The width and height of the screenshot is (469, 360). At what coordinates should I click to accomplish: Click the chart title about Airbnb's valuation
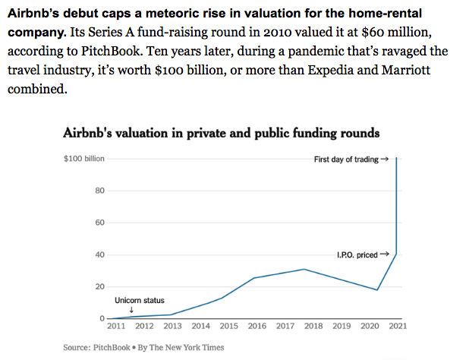pos(221,133)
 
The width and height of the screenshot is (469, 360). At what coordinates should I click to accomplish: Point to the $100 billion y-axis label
pos(83,159)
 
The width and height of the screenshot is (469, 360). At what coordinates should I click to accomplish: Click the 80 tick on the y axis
pos(99,191)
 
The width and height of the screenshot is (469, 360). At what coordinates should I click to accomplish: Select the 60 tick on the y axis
pos(99,223)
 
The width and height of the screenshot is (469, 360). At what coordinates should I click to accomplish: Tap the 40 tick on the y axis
pos(99,254)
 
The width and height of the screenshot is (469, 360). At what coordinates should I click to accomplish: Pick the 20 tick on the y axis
pos(99,286)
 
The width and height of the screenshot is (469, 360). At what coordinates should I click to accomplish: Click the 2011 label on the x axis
pos(116,326)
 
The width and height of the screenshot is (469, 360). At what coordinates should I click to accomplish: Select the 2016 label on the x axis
pos(257,326)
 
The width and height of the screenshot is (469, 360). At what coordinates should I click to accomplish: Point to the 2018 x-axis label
pos(313,326)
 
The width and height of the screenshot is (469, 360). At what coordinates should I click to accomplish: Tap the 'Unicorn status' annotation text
pos(139,301)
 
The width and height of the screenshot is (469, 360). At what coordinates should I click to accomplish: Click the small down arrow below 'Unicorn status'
pos(132,309)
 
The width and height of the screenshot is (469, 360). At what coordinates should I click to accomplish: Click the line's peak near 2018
pos(304,269)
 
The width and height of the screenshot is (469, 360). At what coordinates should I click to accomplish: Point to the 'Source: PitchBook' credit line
pos(143,348)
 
